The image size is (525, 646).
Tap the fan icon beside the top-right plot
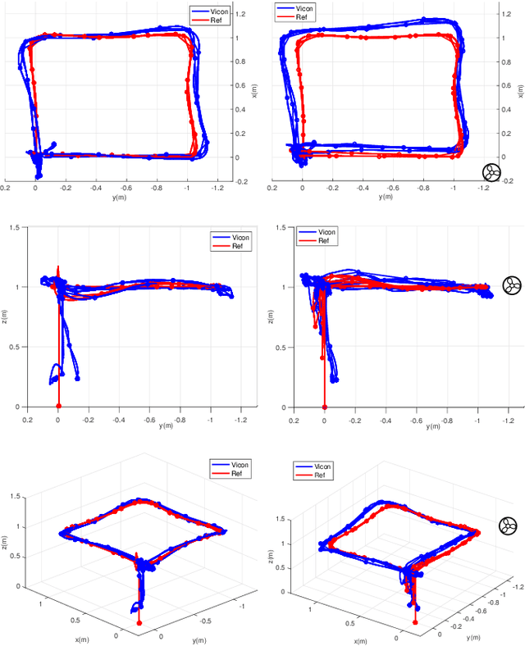click(x=491, y=171)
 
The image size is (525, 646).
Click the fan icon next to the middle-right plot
click(x=511, y=285)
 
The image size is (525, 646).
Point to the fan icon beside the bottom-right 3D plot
click(x=508, y=525)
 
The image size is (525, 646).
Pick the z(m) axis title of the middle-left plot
click(x=7, y=316)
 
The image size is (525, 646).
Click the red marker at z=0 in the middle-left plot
click(x=57, y=406)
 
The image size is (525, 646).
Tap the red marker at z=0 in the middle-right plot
click(x=324, y=406)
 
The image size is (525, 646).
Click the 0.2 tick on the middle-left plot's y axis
click(x=27, y=417)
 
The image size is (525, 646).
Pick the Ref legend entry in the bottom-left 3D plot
click(x=237, y=474)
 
